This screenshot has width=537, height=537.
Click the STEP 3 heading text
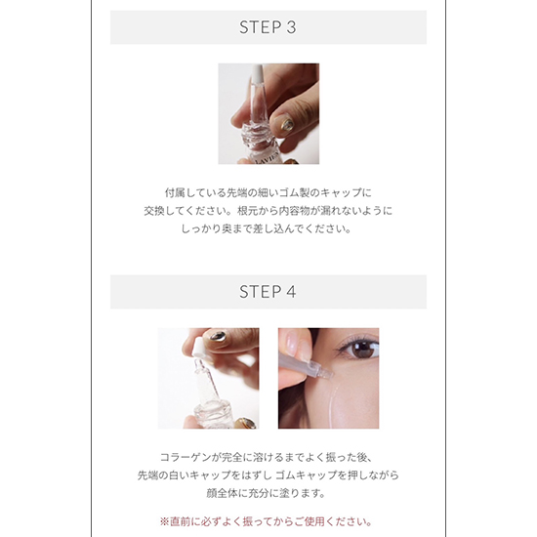tap(268, 27)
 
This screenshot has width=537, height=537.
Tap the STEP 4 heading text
tap(268, 292)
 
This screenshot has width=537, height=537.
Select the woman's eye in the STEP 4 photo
tap(360, 349)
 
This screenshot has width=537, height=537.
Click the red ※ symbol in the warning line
tap(164, 521)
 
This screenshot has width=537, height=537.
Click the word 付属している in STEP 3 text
tap(198, 192)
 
